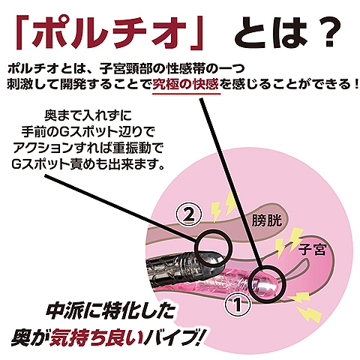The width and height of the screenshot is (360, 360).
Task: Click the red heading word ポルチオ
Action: click(109, 33)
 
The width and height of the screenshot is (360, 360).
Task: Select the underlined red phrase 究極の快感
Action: click(185, 84)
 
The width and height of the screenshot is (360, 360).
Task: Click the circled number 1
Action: click(237, 304)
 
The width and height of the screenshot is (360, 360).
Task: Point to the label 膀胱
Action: click(266, 220)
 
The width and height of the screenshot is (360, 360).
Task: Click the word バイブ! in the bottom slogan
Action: click(175, 337)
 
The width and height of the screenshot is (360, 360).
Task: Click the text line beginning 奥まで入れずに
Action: click(88, 115)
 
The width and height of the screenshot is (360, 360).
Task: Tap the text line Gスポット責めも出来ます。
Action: click(88, 163)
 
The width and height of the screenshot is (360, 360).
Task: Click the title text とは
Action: click(271, 32)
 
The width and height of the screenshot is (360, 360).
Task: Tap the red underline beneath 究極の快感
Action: click(187, 94)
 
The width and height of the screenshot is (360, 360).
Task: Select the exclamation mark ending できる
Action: click(355, 85)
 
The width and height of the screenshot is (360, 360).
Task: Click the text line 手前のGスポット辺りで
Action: click(88, 131)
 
